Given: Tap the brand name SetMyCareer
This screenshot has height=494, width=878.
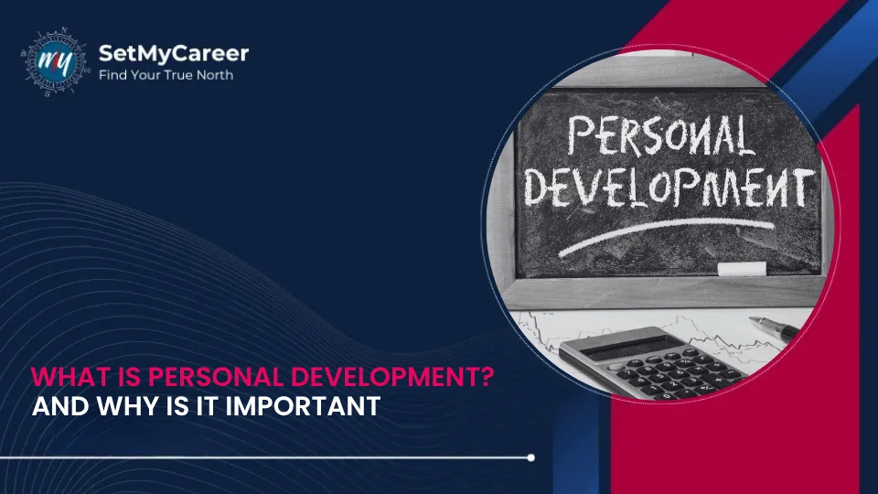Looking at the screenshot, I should pos(173,53).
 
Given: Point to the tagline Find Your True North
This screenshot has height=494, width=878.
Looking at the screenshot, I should pos(166,75).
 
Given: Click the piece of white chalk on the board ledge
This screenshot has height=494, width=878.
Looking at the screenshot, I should pos(742,268).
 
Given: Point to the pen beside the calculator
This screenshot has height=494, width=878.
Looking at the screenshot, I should pos(774,326).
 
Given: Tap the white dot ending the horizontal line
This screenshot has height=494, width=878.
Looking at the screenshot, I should pos(531,456).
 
